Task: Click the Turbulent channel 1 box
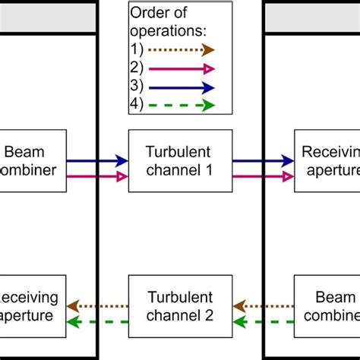(x=179, y=160)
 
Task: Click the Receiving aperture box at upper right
(x=327, y=160)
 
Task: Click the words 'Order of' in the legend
(x=157, y=13)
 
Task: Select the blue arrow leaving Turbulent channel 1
(x=263, y=160)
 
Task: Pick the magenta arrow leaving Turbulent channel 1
(x=263, y=176)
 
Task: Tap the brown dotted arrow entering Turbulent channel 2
(x=263, y=306)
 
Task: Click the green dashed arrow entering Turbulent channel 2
(x=263, y=322)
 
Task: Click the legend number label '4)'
(x=137, y=106)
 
